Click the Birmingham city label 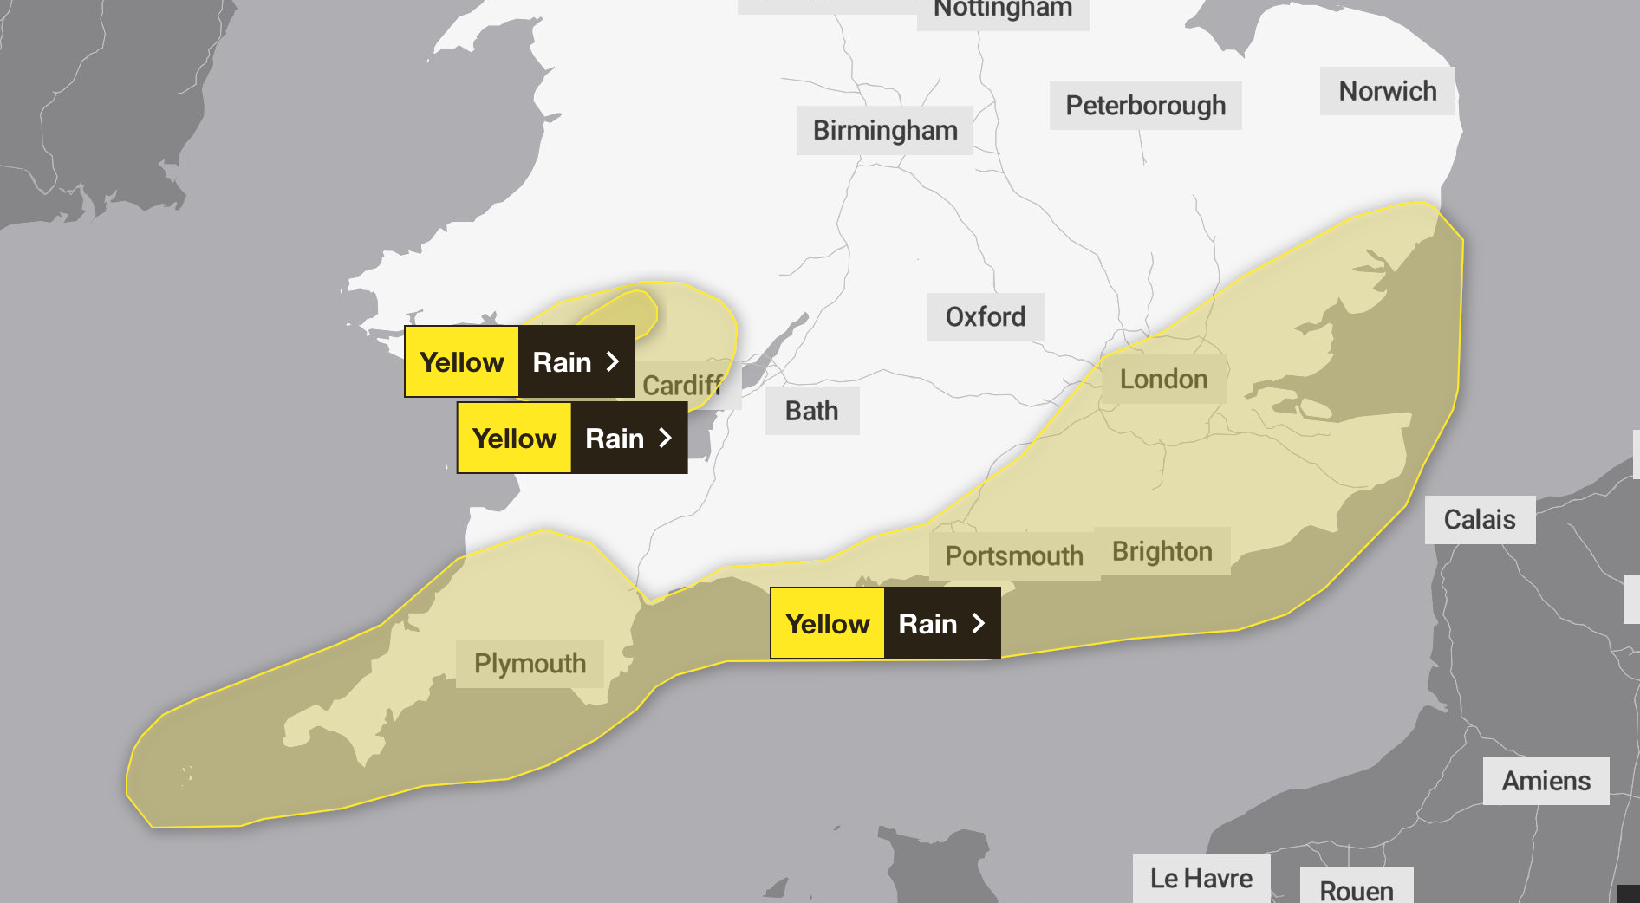(885, 131)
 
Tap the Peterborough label (1145, 106)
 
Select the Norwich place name (1387, 91)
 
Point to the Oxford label (985, 317)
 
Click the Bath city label (811, 411)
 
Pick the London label (1163, 380)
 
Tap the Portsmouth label (1013, 555)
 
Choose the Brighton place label (1162, 551)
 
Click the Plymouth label (530, 664)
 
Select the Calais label (1479, 520)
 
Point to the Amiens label (1546, 781)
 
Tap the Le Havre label (1201, 879)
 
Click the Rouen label (1356, 890)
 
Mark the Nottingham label (1002, 10)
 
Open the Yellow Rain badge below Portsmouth (885, 623)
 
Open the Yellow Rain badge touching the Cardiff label (519, 361)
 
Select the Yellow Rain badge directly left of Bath (572, 438)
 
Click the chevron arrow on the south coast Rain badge (979, 623)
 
